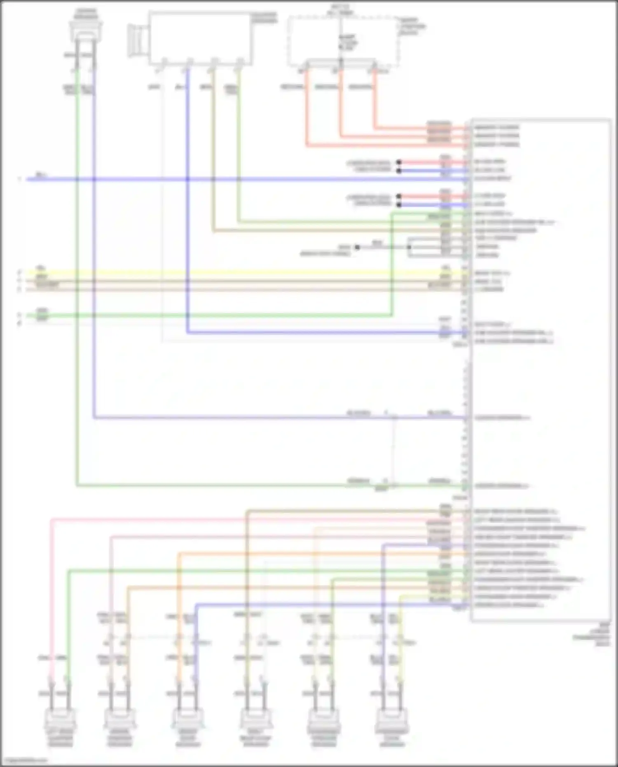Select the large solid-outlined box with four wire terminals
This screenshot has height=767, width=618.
coord(200,38)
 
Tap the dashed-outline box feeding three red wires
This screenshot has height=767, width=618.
coord(343,41)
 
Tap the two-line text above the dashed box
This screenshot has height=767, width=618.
coord(340,9)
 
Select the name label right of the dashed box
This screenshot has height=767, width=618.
coord(412,26)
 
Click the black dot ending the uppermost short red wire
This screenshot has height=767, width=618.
coord(399,162)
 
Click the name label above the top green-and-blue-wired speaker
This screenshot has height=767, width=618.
coord(86,13)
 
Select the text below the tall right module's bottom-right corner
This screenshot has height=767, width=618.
coord(593,634)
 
